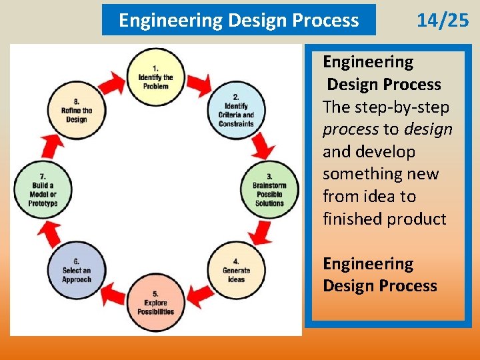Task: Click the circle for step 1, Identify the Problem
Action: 155,77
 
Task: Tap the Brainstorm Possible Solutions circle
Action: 269,189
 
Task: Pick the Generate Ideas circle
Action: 236,269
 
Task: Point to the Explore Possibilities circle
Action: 155,303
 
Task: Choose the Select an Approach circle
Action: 76,269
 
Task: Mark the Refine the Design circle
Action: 76,110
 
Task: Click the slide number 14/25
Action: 443,21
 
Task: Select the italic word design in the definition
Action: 428,129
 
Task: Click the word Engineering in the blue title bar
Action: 170,21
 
